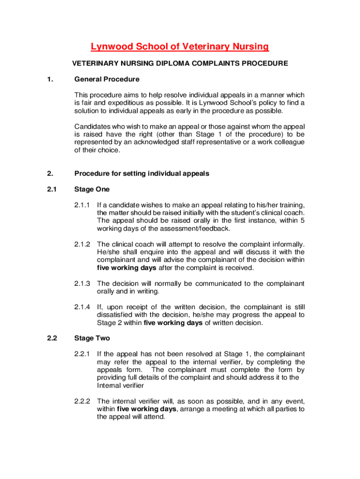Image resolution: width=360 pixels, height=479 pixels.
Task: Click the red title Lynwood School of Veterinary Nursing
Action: tap(180, 46)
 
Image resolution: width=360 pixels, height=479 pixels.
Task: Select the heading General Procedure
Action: tap(107, 79)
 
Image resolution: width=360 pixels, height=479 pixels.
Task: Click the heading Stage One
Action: tap(92, 189)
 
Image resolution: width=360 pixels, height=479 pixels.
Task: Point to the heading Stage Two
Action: tap(92, 338)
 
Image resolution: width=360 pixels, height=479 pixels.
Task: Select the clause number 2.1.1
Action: tap(82, 205)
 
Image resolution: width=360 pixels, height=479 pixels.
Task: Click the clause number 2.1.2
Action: tap(82, 244)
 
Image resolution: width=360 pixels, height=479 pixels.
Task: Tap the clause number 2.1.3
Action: tap(82, 283)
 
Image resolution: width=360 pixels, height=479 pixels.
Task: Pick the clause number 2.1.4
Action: tap(82, 307)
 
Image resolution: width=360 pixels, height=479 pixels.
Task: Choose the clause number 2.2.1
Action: tap(82, 354)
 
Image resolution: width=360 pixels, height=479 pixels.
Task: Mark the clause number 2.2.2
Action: tap(82, 401)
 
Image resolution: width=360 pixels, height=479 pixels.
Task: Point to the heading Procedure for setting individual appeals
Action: tap(142, 174)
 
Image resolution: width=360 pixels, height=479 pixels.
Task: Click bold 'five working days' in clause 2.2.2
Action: tap(146, 409)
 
